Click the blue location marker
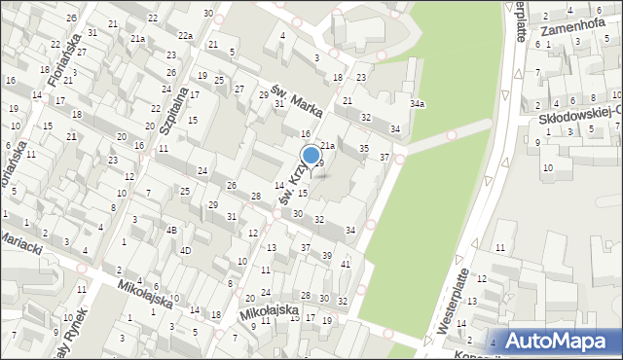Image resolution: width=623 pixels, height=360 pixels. click(311, 154)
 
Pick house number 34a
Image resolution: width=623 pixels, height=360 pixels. click(417, 103)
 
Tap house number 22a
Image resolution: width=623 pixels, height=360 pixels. click(185, 37)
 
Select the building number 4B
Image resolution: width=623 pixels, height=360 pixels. click(170, 231)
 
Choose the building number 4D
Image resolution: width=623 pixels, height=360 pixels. click(185, 250)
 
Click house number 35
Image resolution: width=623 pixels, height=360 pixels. click(364, 148)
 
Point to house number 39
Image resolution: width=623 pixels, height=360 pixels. click(327, 255)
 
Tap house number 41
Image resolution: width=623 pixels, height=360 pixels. click(345, 264)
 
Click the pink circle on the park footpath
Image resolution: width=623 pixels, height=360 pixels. click(451, 135)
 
